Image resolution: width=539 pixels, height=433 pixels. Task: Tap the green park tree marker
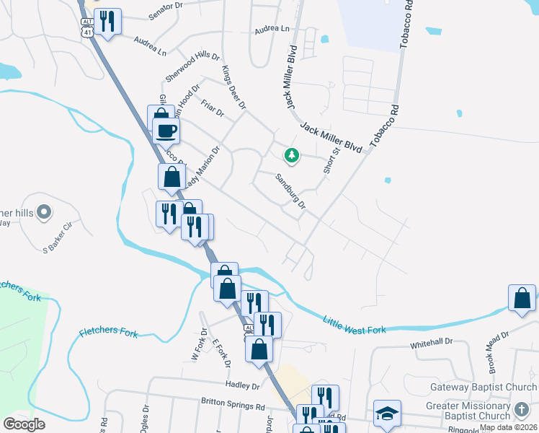click(x=291, y=154)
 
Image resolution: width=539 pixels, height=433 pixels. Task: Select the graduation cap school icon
click(x=387, y=413)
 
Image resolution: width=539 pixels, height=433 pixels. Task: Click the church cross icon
click(x=522, y=409)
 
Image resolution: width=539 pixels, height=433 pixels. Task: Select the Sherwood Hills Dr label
click(x=192, y=66)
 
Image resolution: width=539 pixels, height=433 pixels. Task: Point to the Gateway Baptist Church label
click(x=483, y=388)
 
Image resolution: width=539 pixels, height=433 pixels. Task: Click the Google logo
click(x=24, y=424)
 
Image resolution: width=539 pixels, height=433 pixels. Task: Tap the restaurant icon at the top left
click(x=107, y=21)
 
